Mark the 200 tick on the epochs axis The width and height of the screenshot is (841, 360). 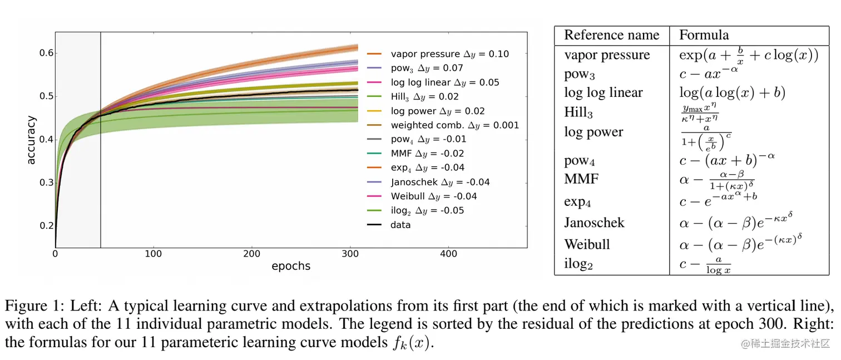251,254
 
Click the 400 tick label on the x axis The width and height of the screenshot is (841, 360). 448,254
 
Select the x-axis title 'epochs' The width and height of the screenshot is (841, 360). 291,266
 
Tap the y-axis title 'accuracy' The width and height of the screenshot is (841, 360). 31,140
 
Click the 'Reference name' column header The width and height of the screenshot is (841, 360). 611,35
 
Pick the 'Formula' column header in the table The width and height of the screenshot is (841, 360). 704,35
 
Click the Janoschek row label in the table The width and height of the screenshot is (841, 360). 594,223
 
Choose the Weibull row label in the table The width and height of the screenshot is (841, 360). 587,244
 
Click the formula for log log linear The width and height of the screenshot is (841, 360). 732,92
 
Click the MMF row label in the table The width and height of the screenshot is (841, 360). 581,179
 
